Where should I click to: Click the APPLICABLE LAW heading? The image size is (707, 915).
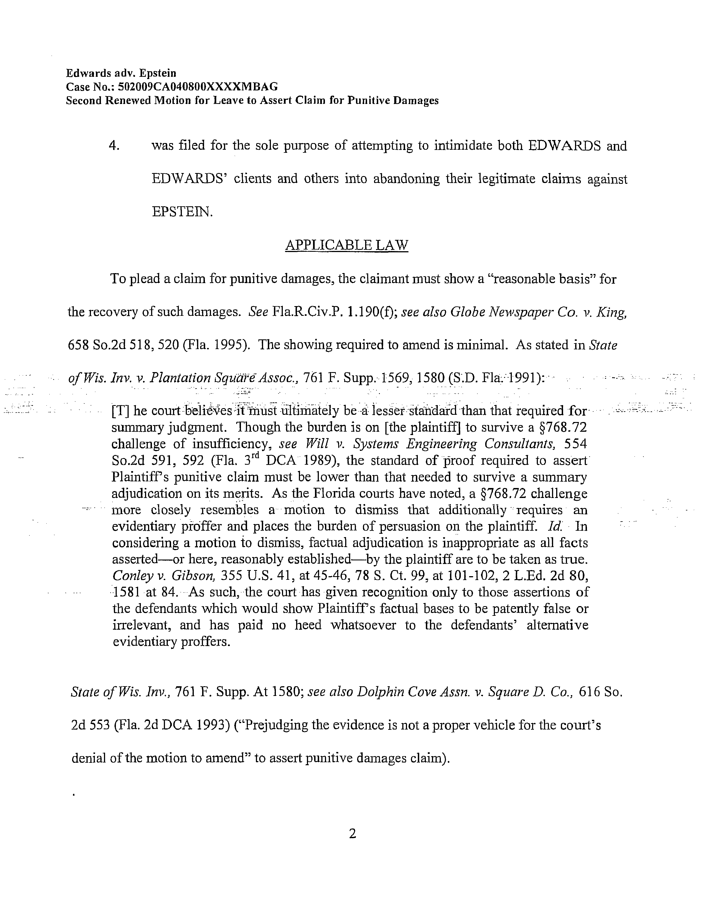click(346, 245)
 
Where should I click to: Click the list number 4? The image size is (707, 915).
click(114, 146)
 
